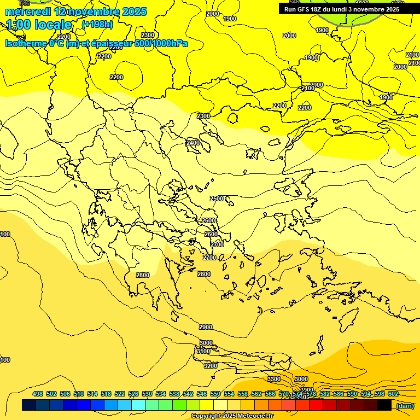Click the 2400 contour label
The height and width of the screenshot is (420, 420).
pyautogui.click(x=192, y=143)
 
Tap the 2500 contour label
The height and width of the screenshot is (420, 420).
pyautogui.click(x=217, y=199)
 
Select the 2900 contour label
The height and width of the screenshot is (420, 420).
pyautogui.click(x=205, y=327)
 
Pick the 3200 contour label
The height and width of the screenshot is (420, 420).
pyautogui.click(x=210, y=366)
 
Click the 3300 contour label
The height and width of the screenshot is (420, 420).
pyautogui.click(x=273, y=379)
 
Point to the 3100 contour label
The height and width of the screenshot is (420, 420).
pyautogui.click(x=203, y=351)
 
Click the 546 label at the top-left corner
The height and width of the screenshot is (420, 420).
pyautogui.click(x=24, y=3)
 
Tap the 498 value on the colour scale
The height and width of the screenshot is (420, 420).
pyautogui.click(x=37, y=394)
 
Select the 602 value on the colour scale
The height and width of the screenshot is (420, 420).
pyautogui.click(x=393, y=394)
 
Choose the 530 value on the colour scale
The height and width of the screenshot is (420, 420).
pyautogui.click(x=147, y=394)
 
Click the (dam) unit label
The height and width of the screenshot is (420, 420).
pyautogui.click(x=405, y=406)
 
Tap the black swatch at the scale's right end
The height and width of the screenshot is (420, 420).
pyautogui.click(x=384, y=405)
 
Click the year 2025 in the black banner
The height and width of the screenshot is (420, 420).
pyautogui.click(x=392, y=9)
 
